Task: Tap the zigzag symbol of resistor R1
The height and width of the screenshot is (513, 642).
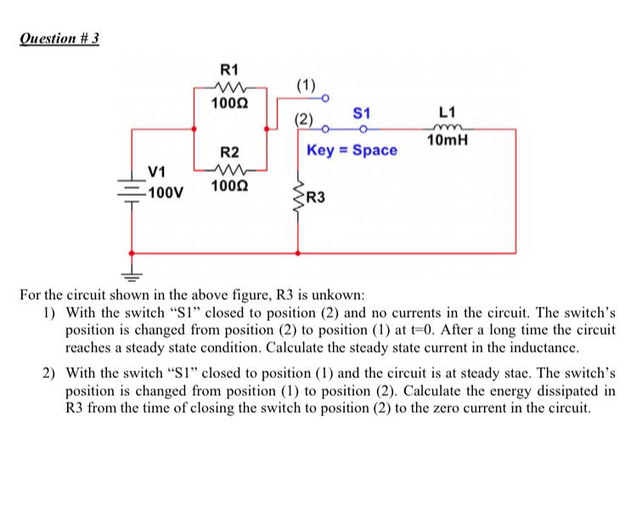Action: [229, 86]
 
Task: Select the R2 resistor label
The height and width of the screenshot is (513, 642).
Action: [229, 153]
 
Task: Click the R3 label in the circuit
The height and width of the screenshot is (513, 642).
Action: [316, 199]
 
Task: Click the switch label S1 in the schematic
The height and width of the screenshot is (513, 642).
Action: [362, 112]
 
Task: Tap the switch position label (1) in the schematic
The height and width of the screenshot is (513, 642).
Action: [307, 85]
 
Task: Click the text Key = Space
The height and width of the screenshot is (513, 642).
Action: [352, 150]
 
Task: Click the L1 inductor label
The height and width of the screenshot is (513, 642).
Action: [448, 112]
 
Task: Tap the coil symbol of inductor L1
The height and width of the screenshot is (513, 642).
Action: [448, 127]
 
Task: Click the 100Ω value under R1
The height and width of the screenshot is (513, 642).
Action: [229, 102]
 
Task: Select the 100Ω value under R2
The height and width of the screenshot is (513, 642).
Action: [229, 184]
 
